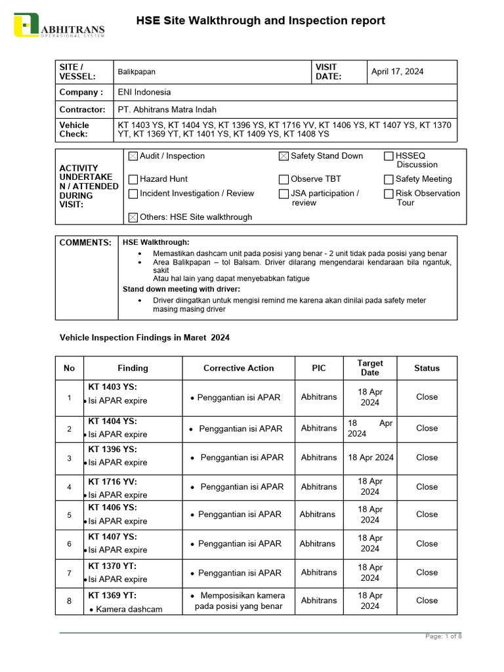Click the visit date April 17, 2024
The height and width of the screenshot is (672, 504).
tap(397, 72)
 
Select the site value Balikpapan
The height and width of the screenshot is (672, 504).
tap(136, 72)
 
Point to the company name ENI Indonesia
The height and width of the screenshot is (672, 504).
tap(144, 93)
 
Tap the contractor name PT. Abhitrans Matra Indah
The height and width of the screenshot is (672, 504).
tap(167, 110)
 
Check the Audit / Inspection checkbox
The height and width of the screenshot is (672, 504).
tap(133, 156)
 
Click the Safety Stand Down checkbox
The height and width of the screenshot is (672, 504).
tap(283, 156)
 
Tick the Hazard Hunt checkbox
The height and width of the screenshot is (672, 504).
tap(133, 179)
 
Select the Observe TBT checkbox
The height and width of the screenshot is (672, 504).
tap(283, 179)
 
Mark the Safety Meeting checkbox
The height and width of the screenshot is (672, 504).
tap(388, 179)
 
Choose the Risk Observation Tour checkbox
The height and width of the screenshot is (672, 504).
tap(388, 194)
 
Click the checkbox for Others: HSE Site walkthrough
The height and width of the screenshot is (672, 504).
tap(133, 217)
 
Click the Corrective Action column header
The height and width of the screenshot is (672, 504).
tap(238, 368)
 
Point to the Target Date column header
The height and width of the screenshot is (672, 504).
tap(369, 367)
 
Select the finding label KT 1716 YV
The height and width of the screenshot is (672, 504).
tap(112, 481)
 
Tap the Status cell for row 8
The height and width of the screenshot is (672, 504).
tap(427, 600)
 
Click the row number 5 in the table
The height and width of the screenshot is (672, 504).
tap(69, 514)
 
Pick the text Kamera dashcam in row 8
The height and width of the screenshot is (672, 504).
tap(129, 609)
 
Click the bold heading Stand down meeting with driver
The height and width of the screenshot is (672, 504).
tap(181, 289)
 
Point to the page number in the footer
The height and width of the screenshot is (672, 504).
tap(444, 636)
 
